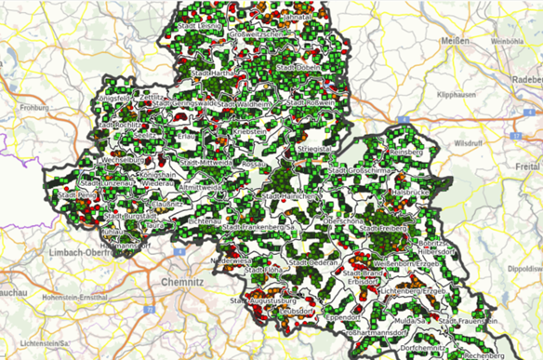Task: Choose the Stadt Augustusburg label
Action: coord(259,300)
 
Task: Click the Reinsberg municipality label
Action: coord(405,150)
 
